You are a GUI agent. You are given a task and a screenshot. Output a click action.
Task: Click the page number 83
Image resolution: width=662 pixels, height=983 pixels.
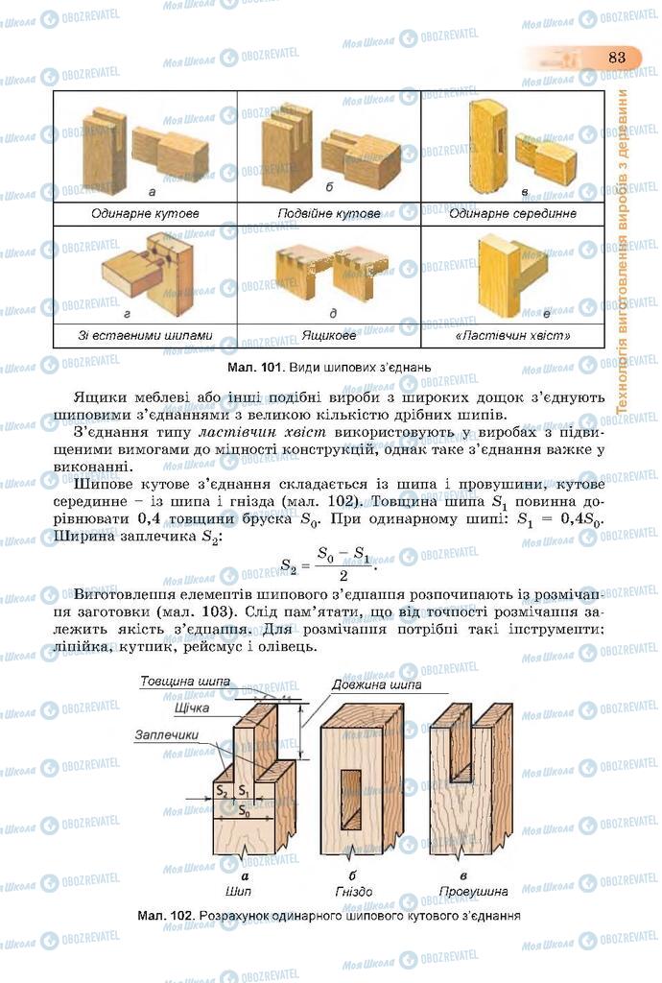point(616,58)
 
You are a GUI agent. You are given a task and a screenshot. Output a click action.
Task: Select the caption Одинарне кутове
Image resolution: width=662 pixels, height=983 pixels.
point(145,213)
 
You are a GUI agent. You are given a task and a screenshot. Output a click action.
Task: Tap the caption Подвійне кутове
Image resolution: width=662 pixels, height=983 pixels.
point(329,213)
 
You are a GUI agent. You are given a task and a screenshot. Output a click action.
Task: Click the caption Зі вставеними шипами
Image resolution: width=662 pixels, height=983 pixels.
point(145,337)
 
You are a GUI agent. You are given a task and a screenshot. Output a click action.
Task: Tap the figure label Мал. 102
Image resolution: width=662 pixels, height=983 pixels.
point(165,916)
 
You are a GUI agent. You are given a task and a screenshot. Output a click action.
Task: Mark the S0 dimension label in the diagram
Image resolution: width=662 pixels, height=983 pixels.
point(243,811)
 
